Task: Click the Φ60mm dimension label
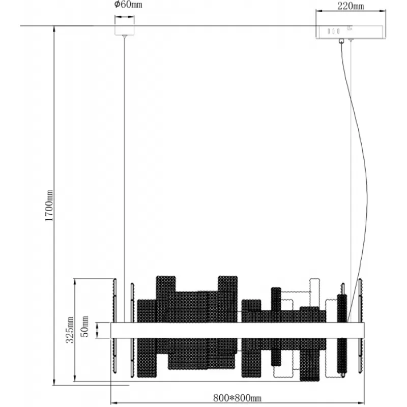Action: click(x=128, y=5)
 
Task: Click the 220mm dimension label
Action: click(x=351, y=6)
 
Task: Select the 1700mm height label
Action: click(x=49, y=206)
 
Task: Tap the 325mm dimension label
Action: click(x=70, y=330)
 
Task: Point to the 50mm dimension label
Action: click(x=85, y=326)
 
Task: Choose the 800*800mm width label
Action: click(x=237, y=398)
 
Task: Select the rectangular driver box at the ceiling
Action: click(x=351, y=32)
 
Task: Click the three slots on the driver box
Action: click(x=334, y=31)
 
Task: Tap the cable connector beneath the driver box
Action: click(x=341, y=41)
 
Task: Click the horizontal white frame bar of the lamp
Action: click(x=237, y=330)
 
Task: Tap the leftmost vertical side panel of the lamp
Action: click(x=114, y=326)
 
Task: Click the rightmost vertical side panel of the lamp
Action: click(x=361, y=326)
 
